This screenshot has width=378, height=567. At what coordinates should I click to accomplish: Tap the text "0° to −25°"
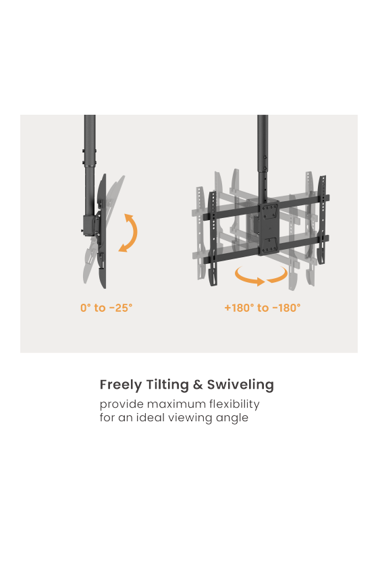[x=107, y=308]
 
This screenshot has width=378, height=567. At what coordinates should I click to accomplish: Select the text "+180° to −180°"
[x=263, y=308]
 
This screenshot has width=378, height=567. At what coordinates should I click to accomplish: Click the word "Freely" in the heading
[x=121, y=385]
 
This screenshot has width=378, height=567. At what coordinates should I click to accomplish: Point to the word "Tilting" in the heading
[x=167, y=384]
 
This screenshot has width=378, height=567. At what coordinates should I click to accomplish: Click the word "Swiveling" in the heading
[x=240, y=384]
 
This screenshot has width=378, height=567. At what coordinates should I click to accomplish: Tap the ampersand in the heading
[x=198, y=384]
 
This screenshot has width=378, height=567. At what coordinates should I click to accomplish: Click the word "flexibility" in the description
[x=234, y=404]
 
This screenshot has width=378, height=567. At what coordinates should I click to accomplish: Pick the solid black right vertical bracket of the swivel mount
[x=321, y=221]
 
